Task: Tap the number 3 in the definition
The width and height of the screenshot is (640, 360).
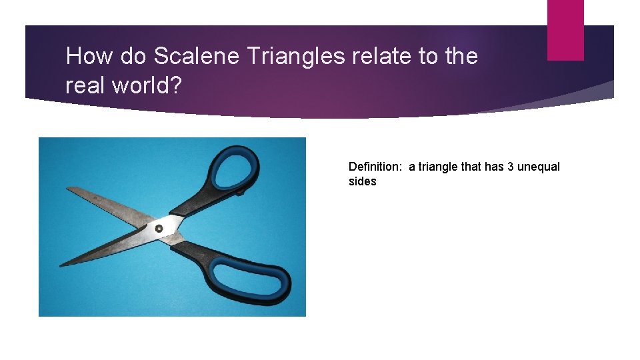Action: pos(510,167)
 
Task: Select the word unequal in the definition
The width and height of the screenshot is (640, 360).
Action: pos(538,167)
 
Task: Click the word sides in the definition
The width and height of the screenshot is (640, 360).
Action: pos(362,181)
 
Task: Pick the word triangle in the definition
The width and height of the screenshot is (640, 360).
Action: pos(440,167)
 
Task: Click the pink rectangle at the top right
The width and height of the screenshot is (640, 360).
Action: pos(565,30)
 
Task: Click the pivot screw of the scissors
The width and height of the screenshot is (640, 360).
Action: pos(159,229)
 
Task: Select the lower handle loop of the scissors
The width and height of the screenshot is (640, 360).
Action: pos(257,277)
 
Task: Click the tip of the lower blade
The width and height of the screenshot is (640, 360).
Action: pos(61,265)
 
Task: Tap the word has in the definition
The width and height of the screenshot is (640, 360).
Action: pos(494,167)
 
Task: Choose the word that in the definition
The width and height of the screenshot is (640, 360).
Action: pos(472,167)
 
